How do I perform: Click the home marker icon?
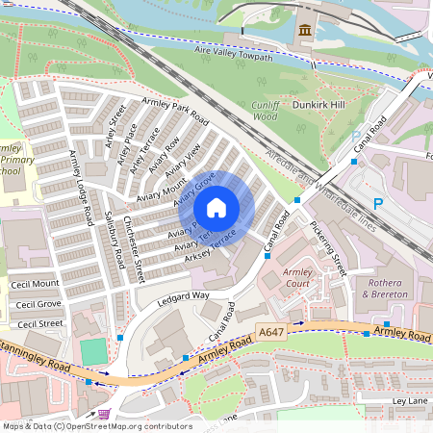click(216, 208)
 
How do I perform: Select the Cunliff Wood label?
click(266, 110)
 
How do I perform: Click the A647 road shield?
click(272, 333)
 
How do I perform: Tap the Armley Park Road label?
click(175, 111)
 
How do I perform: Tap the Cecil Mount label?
click(35, 285)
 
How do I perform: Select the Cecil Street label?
click(38, 324)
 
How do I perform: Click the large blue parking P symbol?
click(377, 203)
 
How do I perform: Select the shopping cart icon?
click(103, 414)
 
